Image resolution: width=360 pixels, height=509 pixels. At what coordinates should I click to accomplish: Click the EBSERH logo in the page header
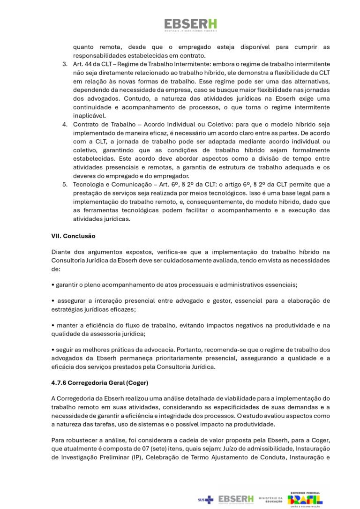(190, 25)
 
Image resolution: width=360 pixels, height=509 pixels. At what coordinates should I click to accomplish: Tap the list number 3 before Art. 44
(65, 64)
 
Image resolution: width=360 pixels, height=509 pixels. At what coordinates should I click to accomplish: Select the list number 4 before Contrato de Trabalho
(65, 124)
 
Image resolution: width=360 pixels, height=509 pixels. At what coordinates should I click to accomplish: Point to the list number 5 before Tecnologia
(65, 184)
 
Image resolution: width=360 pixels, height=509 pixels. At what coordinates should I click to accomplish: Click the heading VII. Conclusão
(73, 236)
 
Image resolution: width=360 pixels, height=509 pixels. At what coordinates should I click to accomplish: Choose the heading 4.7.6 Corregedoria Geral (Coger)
(99, 383)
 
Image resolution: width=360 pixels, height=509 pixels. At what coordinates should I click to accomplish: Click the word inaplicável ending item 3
(89, 115)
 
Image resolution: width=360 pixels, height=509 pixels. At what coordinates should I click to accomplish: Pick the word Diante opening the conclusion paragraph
(61, 252)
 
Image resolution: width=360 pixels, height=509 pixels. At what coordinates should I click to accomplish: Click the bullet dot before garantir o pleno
(53, 284)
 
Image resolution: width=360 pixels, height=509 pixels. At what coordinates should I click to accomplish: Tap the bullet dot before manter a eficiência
(53, 325)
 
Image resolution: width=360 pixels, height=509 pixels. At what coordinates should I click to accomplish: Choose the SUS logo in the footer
(205, 500)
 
